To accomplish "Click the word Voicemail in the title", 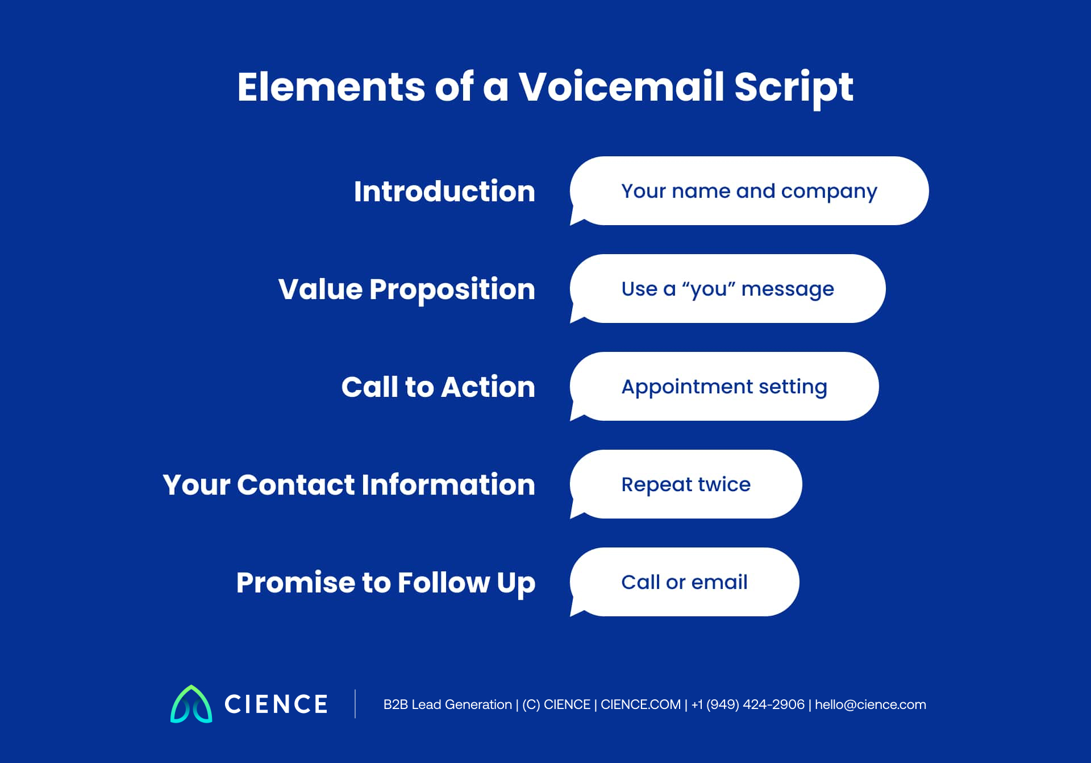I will [621, 87].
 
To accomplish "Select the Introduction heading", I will [444, 191].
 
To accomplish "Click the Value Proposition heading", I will [407, 289].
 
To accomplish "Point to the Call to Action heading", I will [438, 387].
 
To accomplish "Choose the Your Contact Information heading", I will [349, 484].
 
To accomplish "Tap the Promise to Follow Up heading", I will [386, 582].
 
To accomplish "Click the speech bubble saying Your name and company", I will [749, 191].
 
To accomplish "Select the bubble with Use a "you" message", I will [727, 289].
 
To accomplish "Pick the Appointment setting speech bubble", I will [724, 387].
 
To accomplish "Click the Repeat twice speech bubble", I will [686, 484].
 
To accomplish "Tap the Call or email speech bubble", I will [684, 582].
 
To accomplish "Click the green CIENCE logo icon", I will [191, 704].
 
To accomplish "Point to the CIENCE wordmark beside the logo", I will [276, 704].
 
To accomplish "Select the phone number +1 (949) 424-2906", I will [748, 704].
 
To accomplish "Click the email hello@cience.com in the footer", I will [870, 704].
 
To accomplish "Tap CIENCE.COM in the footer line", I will [640, 704].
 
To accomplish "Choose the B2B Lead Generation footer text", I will [448, 704].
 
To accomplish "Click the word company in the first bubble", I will [829, 192].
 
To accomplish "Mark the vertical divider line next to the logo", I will [355, 704].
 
